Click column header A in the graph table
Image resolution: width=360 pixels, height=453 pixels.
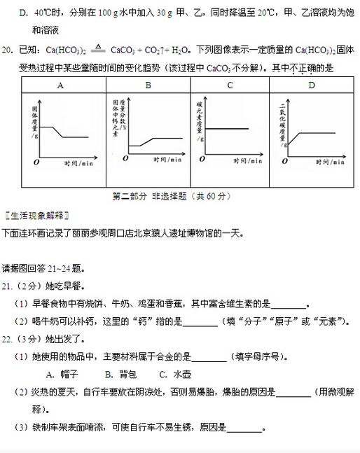click(61, 85)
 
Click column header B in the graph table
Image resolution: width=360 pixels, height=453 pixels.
click(148, 85)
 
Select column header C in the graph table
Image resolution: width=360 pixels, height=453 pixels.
click(230, 85)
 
